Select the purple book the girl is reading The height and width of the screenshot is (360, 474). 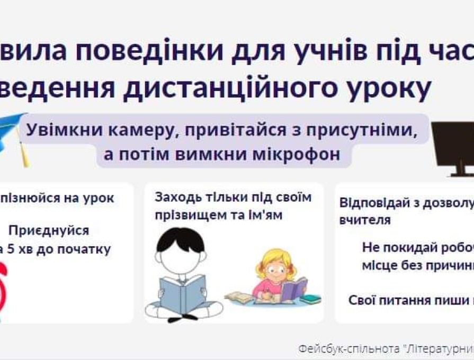click(x=294, y=290)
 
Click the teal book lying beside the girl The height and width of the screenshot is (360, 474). click(x=309, y=300)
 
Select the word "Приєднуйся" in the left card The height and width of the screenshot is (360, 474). click(x=49, y=231)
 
